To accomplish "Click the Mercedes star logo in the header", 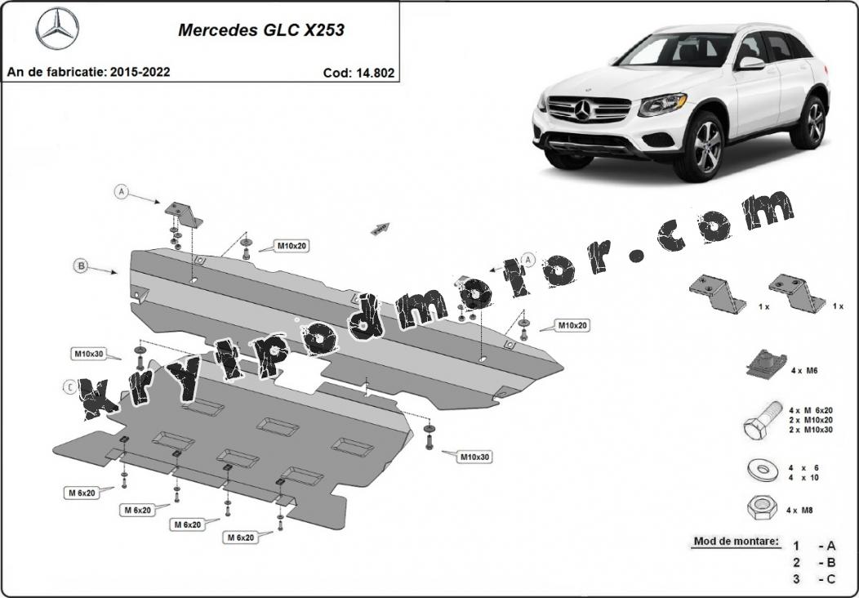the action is [57, 29].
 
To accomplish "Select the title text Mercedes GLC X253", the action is [261, 29].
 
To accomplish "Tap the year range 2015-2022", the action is [140, 72].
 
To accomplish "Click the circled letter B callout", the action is [81, 266].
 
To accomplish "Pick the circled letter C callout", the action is [69, 387].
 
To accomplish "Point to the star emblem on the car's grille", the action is [582, 109].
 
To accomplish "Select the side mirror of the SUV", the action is [750, 63].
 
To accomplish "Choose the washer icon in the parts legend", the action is [761, 470].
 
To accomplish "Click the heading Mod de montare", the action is [736, 541].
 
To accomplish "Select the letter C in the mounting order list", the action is [831, 579].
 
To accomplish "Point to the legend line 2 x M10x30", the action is [810, 430].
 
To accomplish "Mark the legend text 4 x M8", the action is [799, 511].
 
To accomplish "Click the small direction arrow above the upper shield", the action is [381, 229].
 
